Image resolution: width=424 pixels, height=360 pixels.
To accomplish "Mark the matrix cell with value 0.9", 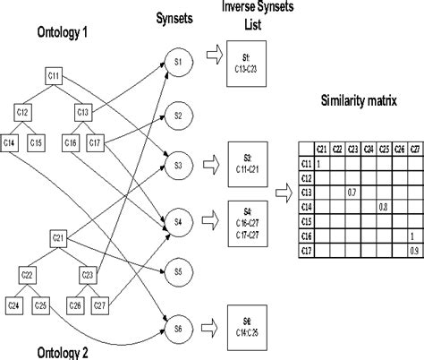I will (x=411, y=250).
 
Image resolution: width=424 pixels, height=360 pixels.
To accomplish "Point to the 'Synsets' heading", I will (x=177, y=15).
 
